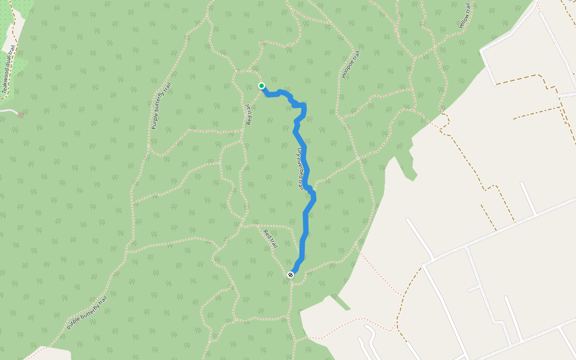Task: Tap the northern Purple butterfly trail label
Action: point(161,106)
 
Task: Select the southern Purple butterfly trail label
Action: point(88,313)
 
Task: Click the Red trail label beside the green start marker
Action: point(248,115)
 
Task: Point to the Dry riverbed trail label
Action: point(300,169)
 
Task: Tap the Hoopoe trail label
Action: point(351,65)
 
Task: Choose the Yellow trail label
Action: point(465,16)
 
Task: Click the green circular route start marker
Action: point(262,86)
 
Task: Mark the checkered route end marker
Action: point(291,275)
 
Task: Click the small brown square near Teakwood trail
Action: point(21,115)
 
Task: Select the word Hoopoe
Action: point(349,69)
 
